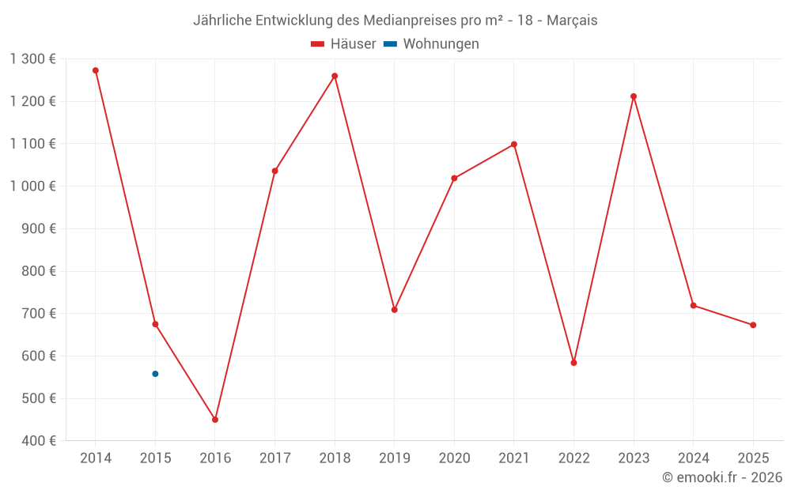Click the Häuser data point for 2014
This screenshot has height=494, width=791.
pos(96,70)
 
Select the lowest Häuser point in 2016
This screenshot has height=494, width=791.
pos(215,420)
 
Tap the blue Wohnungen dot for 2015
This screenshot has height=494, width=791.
pos(155,374)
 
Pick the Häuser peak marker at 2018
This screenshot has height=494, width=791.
pos(335,76)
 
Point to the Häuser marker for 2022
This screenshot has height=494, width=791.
pos(573,363)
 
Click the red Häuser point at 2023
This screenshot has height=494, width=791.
pos(634,96)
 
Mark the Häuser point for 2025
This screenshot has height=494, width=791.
pos(753,325)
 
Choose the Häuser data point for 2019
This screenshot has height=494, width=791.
pos(395,310)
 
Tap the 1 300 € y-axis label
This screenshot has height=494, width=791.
pos(32,58)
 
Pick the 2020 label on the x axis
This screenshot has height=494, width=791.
pos(454,458)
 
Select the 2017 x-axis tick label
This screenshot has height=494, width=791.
pos(274,458)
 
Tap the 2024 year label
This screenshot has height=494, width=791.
pos(693,458)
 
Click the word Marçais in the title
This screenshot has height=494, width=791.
pos(572,21)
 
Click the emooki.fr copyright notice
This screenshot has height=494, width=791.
pos(721,477)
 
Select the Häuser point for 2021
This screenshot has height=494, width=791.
pos(514,145)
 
